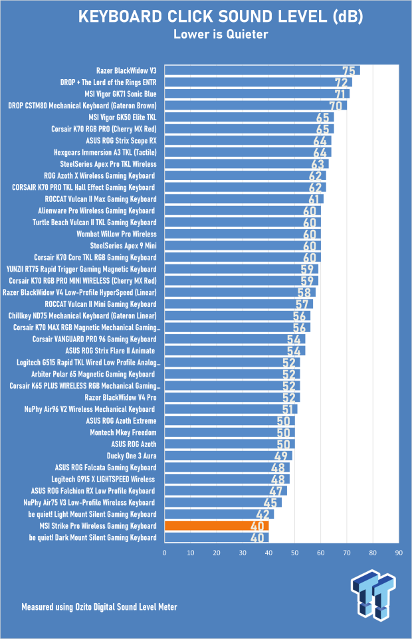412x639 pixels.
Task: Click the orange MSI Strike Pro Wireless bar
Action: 216,525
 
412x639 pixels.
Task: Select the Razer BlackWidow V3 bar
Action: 259,70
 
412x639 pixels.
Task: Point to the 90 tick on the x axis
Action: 399,552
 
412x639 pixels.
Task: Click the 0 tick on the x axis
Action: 164,552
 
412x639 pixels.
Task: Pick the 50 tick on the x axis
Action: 294,552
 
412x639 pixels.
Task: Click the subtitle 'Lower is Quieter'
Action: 206,35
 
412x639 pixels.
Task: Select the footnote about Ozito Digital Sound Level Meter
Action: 99,606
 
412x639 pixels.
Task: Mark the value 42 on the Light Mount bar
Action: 264,514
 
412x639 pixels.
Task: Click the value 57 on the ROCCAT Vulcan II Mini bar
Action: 302,304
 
